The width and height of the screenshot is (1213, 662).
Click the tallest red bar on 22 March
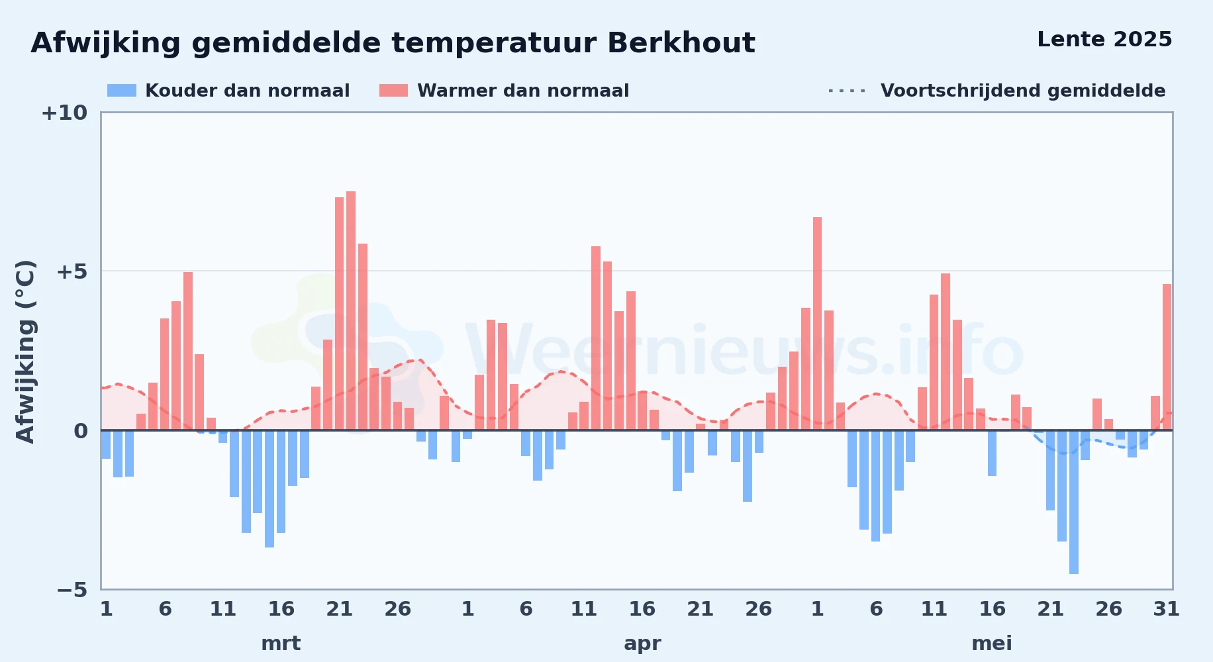(351, 310)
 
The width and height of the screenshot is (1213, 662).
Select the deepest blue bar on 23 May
(1074, 502)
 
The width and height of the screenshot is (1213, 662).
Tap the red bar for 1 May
(818, 324)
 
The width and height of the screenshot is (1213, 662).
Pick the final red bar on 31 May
(1167, 357)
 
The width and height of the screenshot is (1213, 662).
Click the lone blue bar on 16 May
(993, 453)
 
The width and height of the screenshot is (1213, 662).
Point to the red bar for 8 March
(188, 351)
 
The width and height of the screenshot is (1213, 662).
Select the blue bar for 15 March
(269, 489)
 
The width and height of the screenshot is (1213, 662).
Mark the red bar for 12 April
(596, 338)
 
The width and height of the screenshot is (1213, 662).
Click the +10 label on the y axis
(64, 113)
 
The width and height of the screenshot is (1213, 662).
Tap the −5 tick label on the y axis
(72, 589)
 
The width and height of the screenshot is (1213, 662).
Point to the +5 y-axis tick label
(72, 271)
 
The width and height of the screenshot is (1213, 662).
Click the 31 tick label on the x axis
(1167, 608)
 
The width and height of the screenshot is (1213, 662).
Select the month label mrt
(281, 643)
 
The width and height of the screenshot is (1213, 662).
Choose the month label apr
(642, 643)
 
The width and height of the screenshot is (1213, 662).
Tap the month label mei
(992, 643)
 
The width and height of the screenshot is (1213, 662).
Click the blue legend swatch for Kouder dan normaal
(122, 91)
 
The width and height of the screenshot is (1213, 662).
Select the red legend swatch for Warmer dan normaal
(393, 91)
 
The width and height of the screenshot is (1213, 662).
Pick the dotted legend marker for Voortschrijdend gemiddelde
(847, 91)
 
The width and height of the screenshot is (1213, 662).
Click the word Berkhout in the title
(681, 43)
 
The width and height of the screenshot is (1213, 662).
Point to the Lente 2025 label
(1104, 39)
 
